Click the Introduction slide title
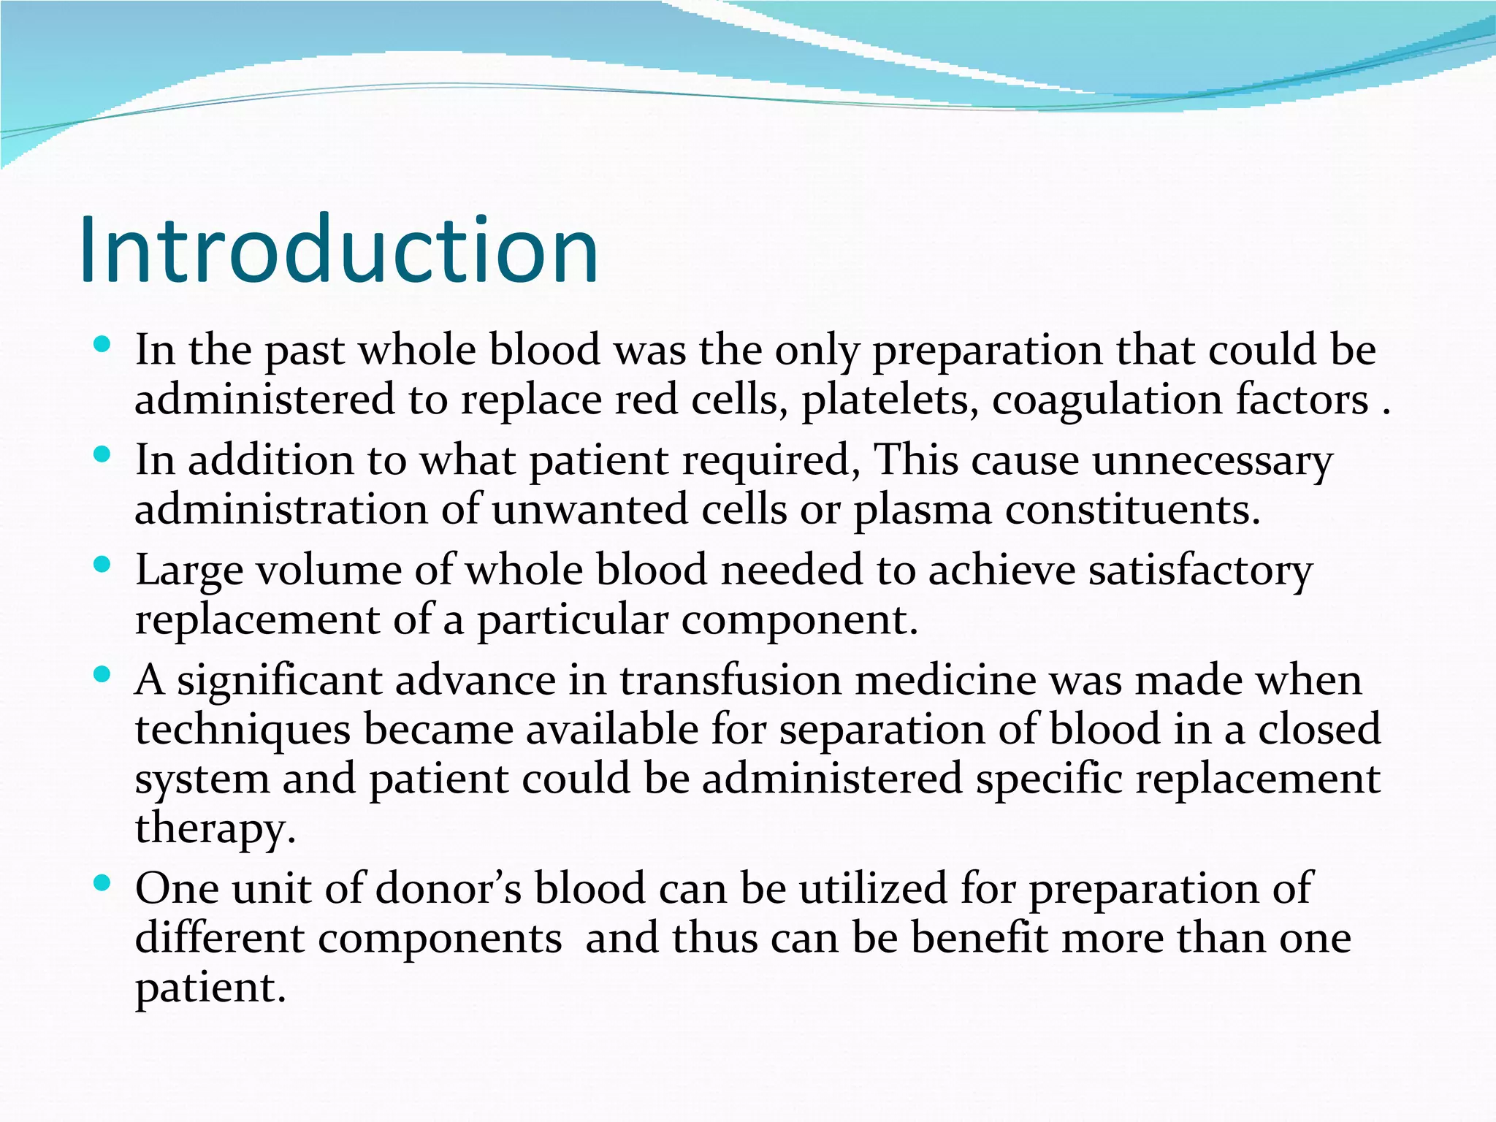click(x=339, y=251)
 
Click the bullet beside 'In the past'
click(x=102, y=344)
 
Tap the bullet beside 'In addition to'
click(x=102, y=454)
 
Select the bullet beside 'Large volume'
click(x=102, y=564)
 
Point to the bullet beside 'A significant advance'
click(x=102, y=674)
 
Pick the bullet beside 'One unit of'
click(x=102, y=883)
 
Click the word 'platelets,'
click(x=890, y=400)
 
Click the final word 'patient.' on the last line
click(x=210, y=988)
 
